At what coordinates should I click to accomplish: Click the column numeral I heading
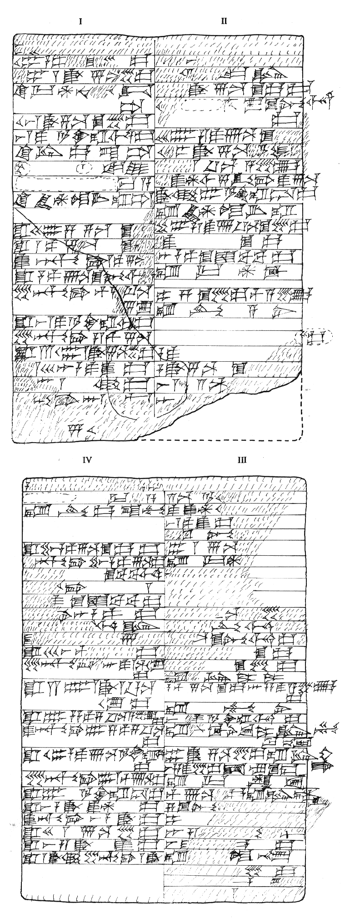click(x=80, y=21)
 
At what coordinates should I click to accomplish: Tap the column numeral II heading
click(x=224, y=21)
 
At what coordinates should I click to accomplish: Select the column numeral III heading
click(x=242, y=460)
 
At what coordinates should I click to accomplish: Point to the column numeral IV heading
click(x=87, y=460)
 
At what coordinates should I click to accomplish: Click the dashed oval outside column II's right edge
click(x=314, y=337)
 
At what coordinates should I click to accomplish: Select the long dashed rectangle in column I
click(x=65, y=184)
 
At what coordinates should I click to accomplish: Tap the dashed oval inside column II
click(x=200, y=105)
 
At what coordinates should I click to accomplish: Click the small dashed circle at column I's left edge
click(x=21, y=168)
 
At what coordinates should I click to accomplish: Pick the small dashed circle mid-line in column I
click(x=84, y=168)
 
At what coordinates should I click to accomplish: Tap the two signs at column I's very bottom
click(x=80, y=429)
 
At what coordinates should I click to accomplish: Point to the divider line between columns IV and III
click(x=164, y=682)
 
